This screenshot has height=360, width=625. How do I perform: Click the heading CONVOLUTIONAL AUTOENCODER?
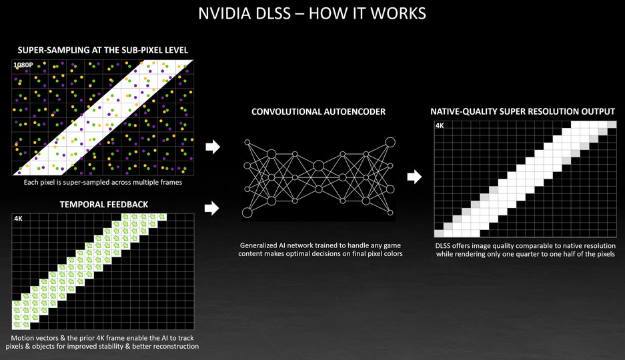318,112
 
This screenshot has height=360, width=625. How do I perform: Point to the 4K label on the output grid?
440,125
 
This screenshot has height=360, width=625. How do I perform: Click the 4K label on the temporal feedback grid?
18,218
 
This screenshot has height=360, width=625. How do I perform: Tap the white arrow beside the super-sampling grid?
213,146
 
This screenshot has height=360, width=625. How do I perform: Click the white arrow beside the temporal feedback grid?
213,209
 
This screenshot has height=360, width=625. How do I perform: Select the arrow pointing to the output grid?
414,177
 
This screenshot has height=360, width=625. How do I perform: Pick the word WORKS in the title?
398,13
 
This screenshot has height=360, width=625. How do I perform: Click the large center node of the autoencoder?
318,165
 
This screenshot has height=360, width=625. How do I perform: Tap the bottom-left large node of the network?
247,213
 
